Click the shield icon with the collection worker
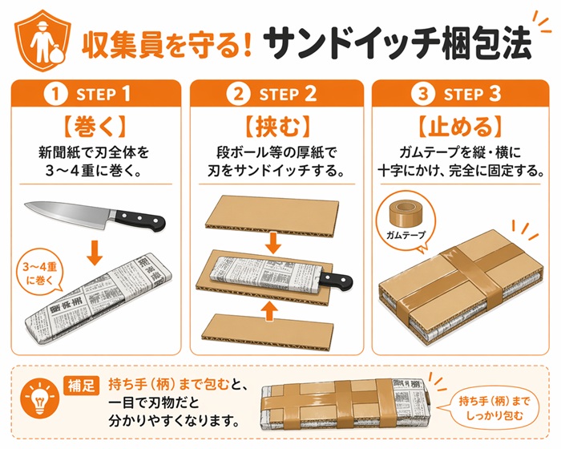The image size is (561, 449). (42, 40)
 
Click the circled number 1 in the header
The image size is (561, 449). (55, 94)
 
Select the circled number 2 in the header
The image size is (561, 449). (238, 94)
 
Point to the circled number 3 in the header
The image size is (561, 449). (422, 94)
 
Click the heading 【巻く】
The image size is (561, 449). (95, 127)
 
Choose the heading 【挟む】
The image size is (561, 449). (276, 127)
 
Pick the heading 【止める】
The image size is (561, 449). (461, 127)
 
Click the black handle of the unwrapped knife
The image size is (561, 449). (139, 220)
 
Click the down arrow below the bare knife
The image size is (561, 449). (95, 253)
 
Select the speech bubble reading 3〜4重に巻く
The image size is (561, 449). (40, 273)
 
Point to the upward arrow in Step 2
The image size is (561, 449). (270, 310)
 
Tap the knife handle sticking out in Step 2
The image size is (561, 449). (336, 280)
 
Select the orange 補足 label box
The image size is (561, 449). (81, 385)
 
